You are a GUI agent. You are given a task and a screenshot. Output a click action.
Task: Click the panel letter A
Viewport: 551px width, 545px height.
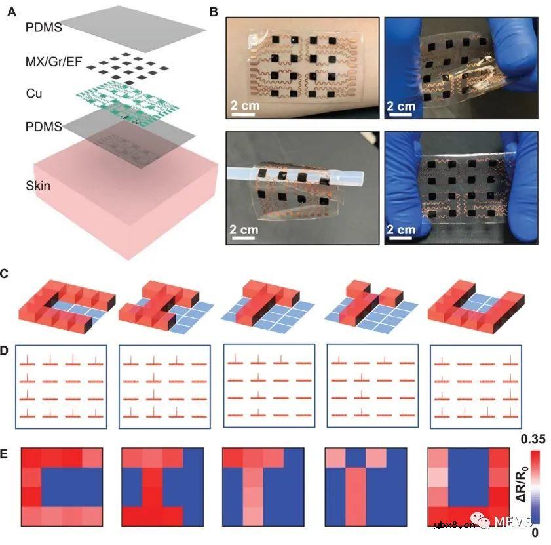(x=12, y=12)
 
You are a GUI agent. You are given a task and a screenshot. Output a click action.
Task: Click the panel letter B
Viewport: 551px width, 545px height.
(x=214, y=12)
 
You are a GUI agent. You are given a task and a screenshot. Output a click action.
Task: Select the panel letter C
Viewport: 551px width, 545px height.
(x=4, y=274)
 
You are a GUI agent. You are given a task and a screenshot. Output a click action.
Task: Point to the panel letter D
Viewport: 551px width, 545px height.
(x=4, y=351)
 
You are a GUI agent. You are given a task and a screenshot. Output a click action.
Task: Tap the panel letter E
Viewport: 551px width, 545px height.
(x=4, y=454)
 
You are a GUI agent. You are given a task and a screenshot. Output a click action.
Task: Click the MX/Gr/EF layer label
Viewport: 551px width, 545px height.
(x=54, y=62)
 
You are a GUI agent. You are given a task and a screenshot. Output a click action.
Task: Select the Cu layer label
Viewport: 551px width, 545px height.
(x=34, y=94)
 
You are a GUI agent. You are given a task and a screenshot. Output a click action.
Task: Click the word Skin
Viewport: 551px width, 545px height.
(x=38, y=186)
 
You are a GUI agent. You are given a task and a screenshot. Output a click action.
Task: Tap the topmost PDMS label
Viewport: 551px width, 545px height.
(x=44, y=28)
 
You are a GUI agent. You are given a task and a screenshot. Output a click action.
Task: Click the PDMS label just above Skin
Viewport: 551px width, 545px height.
(x=44, y=127)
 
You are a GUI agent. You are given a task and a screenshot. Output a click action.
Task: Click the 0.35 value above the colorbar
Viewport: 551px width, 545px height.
(x=533, y=439)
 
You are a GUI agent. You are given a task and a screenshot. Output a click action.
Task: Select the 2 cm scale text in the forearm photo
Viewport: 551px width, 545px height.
(x=245, y=105)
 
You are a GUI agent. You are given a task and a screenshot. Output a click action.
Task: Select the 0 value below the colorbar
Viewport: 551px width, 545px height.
(x=535, y=533)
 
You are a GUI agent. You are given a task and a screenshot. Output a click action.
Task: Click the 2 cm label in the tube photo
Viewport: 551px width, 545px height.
(x=244, y=230)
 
